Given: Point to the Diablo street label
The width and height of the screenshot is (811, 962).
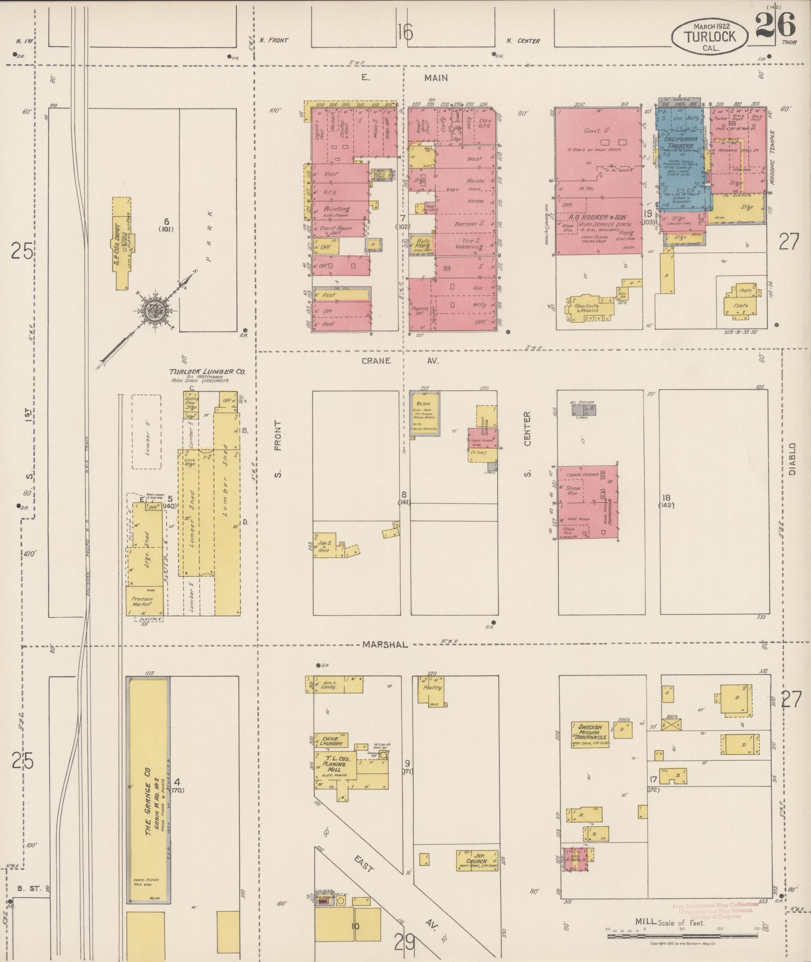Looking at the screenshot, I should pos(792,459).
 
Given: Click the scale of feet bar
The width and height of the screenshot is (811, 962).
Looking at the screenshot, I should pos(681,936).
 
